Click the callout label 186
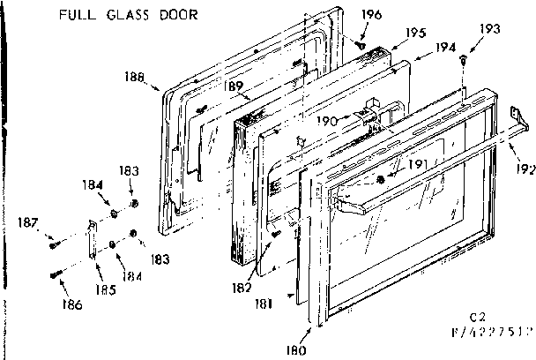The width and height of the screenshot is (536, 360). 72,304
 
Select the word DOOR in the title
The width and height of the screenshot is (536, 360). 180,15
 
